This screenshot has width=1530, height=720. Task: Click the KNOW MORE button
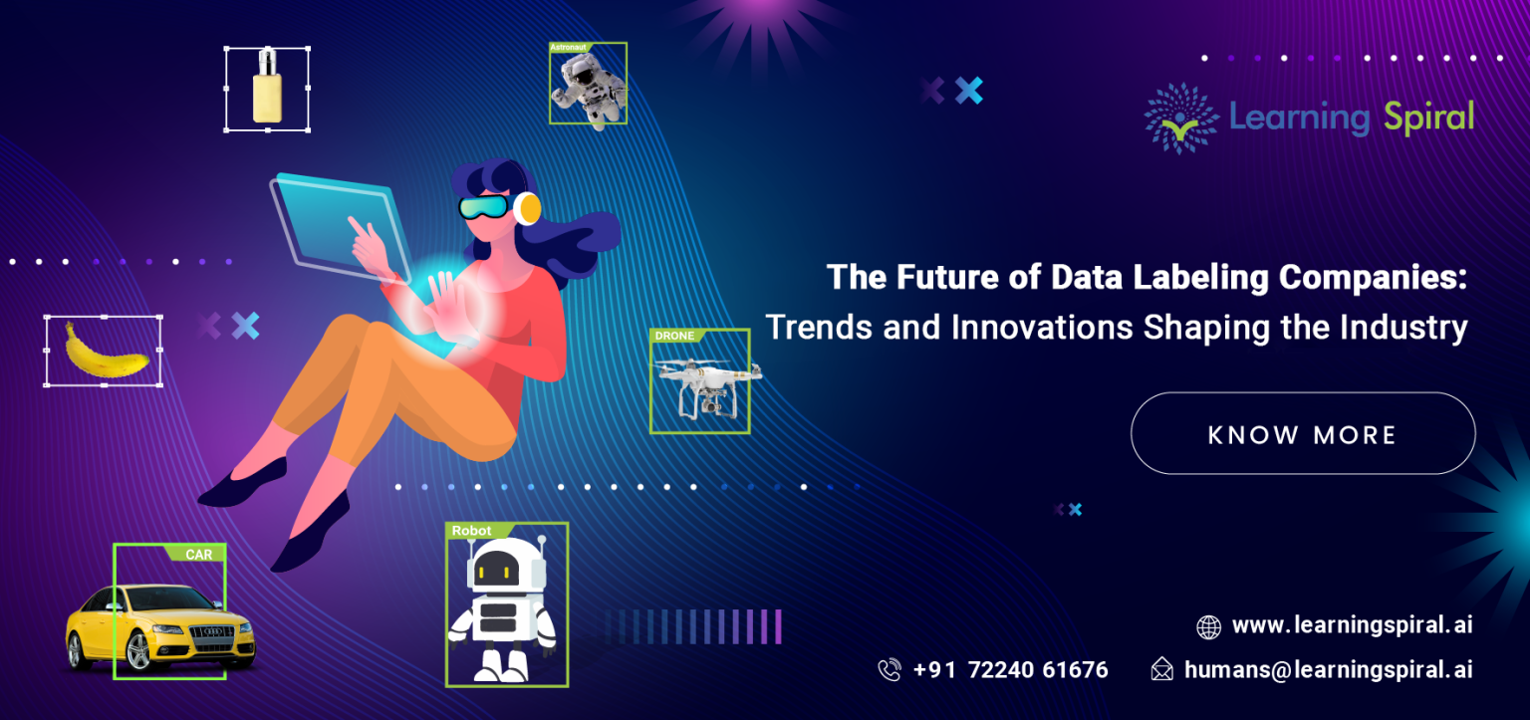[1302, 434]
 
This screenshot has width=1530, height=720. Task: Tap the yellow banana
[105, 351]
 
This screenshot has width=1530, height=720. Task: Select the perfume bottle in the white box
[267, 89]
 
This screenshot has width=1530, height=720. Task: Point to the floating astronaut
[588, 88]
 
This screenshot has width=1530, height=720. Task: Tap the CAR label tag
[199, 555]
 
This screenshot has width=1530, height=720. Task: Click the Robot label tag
[472, 531]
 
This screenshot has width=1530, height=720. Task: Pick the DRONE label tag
[674, 337]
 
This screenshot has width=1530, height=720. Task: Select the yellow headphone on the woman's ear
[527, 207]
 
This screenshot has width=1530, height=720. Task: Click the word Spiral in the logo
[1428, 118]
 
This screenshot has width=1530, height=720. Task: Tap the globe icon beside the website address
[1208, 626]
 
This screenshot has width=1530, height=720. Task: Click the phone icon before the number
[890, 669]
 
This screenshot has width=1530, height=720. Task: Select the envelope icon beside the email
[1162, 669]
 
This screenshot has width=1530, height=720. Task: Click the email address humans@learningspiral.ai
[1328, 669]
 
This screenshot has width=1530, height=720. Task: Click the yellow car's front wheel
[137, 650]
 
